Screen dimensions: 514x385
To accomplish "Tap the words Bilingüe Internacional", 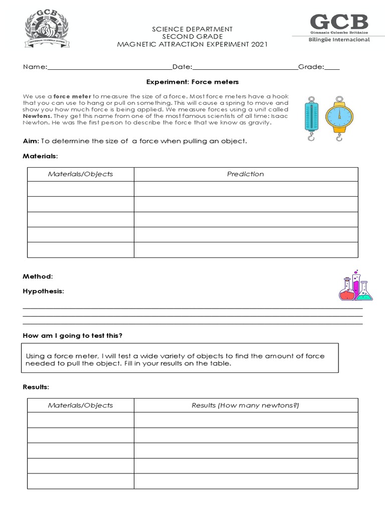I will point(339,40).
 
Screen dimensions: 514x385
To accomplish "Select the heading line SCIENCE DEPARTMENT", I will point(192,30).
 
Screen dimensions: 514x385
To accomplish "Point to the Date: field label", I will point(182,67).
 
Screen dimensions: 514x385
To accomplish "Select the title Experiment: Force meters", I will point(192,81).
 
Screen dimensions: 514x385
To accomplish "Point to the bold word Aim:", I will point(31,141).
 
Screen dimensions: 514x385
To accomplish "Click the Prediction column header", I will point(245,174).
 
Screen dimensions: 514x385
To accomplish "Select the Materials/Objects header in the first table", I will point(80,174).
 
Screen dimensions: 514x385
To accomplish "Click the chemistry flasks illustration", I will point(356,285).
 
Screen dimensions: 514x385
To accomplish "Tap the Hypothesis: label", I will point(44,291).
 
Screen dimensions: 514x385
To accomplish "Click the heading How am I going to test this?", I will point(72,335).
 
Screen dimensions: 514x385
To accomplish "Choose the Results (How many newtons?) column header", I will point(245,405).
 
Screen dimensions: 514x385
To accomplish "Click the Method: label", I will point(38,277).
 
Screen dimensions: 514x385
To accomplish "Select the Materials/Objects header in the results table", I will point(80,405).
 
